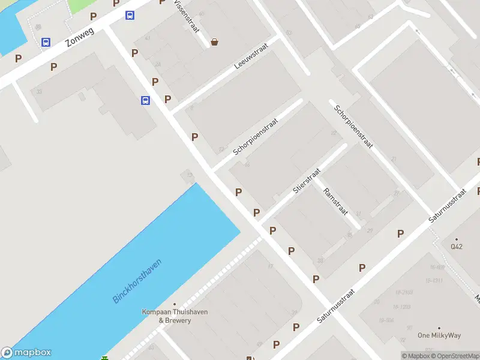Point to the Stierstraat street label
(x=307, y=181)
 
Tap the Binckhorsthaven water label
(x=137, y=281)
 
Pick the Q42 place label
(x=457, y=246)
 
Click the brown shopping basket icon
(x=214, y=42)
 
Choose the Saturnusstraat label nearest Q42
(x=448, y=207)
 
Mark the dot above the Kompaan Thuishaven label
(x=175, y=304)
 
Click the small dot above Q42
(x=457, y=239)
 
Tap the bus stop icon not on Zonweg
(x=145, y=100)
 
